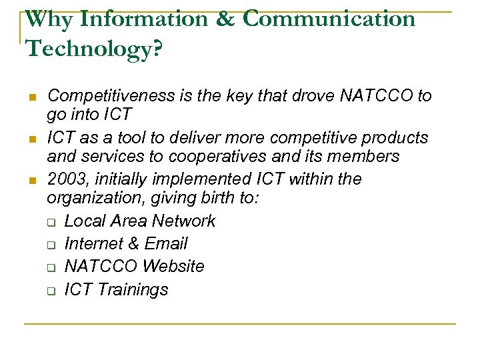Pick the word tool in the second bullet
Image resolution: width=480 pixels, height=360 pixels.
tap(132, 138)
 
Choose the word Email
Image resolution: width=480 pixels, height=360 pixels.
tap(166, 243)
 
